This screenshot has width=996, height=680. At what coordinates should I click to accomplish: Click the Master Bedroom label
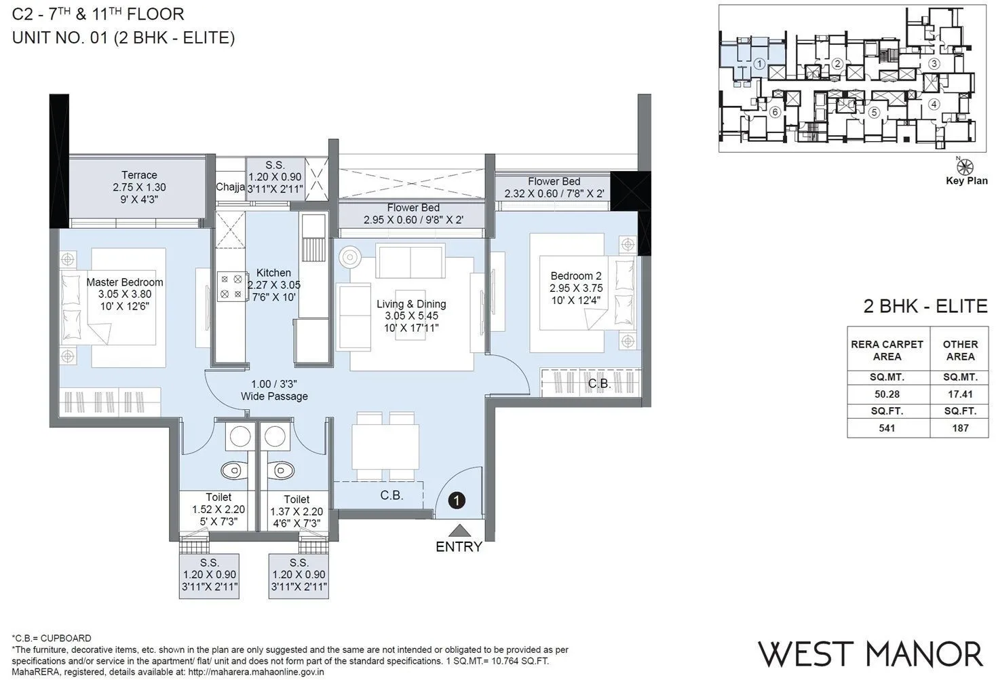point(125,282)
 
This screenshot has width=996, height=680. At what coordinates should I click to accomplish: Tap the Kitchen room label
point(273,273)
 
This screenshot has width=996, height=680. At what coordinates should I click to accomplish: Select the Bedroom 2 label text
point(575,276)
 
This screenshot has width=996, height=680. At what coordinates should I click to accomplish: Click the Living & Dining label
point(411,304)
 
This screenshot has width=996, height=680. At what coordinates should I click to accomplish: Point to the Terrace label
point(139,175)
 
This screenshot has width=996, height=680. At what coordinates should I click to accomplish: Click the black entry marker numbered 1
point(458,501)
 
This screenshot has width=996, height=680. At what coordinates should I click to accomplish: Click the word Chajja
point(230,187)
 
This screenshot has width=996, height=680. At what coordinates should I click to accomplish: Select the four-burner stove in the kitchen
point(231,286)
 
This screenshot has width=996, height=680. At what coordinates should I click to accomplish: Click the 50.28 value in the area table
point(887,394)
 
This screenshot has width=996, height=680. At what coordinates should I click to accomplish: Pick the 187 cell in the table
point(959,428)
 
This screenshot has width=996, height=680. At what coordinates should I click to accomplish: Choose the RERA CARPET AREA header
point(887,350)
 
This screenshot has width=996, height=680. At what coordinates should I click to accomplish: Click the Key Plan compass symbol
point(966,166)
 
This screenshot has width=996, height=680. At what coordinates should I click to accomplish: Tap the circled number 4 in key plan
point(934,105)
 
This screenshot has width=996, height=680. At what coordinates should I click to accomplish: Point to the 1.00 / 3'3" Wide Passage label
point(274,390)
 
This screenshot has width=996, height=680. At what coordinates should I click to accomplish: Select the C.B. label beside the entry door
point(391,495)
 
